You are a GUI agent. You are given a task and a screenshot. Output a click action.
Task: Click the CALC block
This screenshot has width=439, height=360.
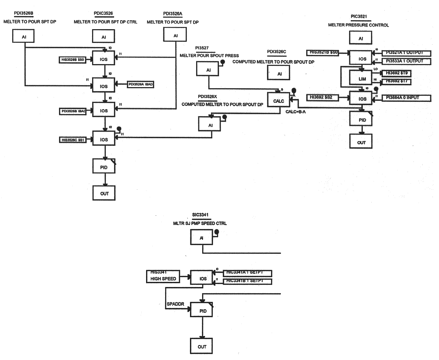click(279, 101)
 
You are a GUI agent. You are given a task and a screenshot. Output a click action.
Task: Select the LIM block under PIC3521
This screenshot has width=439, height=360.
click(362, 77)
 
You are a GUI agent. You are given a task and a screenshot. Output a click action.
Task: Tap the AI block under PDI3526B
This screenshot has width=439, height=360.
click(24, 36)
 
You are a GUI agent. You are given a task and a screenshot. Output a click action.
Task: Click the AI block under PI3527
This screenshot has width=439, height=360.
click(208, 70)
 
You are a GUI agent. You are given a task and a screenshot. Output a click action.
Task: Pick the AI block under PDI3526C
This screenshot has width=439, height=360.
click(279, 74)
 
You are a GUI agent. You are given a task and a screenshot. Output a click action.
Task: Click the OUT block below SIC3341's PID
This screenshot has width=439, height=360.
click(202, 346)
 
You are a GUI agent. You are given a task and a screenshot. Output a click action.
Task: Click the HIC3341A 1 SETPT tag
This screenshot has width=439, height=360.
click(248, 273)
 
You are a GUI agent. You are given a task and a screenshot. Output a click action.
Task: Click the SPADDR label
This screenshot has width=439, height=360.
click(176, 304)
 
